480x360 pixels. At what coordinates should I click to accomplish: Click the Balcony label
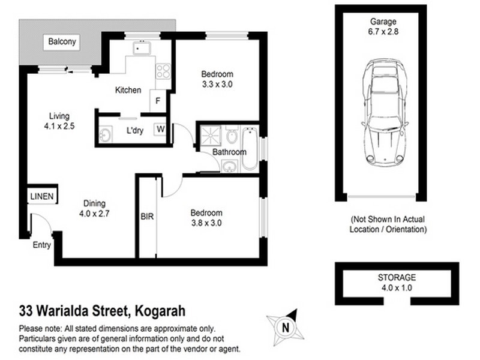(62, 42)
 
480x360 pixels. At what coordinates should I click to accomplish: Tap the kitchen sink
(142, 47)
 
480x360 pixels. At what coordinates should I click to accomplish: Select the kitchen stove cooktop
(163, 71)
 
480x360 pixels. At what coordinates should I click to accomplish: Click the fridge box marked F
(158, 100)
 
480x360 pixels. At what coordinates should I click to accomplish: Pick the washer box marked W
(160, 128)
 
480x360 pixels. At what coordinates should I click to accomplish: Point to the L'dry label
(134, 131)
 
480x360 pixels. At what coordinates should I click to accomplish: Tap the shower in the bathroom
(211, 135)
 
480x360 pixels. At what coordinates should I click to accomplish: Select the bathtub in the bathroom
(250, 147)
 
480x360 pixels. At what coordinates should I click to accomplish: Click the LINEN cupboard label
(42, 196)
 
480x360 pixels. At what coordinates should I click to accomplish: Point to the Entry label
(41, 245)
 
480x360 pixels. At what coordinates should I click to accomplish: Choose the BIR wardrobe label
(148, 217)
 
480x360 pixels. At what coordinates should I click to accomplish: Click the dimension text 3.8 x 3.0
(206, 223)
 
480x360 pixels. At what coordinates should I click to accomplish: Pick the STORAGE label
(396, 278)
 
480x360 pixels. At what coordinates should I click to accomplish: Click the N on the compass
(286, 327)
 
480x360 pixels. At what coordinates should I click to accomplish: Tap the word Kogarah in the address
(160, 311)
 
